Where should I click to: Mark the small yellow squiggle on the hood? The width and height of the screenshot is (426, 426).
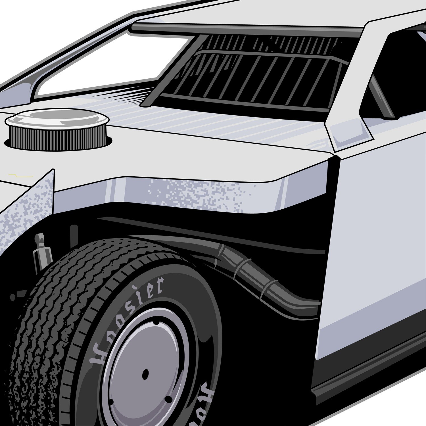(x=16, y=174)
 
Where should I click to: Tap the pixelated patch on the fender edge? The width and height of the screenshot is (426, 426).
(x=196, y=193)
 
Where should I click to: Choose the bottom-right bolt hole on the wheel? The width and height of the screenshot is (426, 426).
(x=168, y=399)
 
